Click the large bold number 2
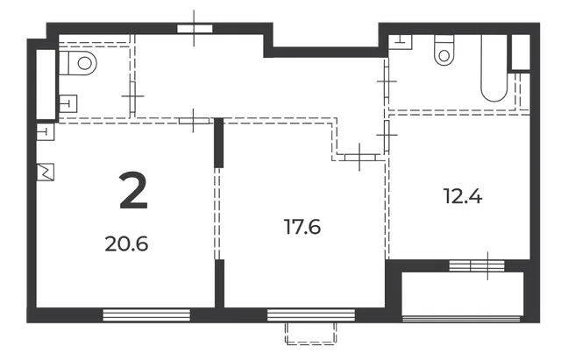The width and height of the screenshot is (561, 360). pos(133,190)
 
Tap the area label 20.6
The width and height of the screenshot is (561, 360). pos(126,244)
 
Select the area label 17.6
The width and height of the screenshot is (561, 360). pos(302,227)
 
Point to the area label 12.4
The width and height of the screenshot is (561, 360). pos(463,196)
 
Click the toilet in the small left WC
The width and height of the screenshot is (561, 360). pos(78,63)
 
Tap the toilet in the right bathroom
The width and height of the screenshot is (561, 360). pos(444,50)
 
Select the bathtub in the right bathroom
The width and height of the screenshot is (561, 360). pos(494,68)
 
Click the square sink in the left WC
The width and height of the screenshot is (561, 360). pos(67,103)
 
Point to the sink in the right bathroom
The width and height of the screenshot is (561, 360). pos(401,42)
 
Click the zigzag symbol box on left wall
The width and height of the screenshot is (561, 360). pos(46,172)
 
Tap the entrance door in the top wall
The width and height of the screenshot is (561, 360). pos(195,29)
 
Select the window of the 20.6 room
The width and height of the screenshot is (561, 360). pos(146,315)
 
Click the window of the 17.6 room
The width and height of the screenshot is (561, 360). pos(311,315)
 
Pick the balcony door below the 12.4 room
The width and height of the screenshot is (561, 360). pos(477,265)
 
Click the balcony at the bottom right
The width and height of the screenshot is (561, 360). pos(463,293)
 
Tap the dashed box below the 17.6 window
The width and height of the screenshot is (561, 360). pos(311,333)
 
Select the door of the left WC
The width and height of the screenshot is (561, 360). pos(132,97)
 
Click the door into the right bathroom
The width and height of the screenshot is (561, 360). pos(387,81)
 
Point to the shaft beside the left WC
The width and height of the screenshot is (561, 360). pos(46,84)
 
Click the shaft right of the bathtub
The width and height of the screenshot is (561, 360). pos(521,53)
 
